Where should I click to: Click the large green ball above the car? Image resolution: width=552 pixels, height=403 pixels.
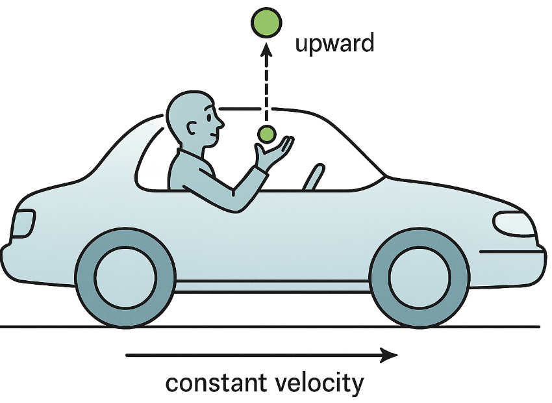pos(266,23)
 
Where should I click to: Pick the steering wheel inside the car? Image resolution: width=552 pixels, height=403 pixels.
pos(313,177)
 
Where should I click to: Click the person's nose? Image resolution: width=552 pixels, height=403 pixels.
pos(221,122)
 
